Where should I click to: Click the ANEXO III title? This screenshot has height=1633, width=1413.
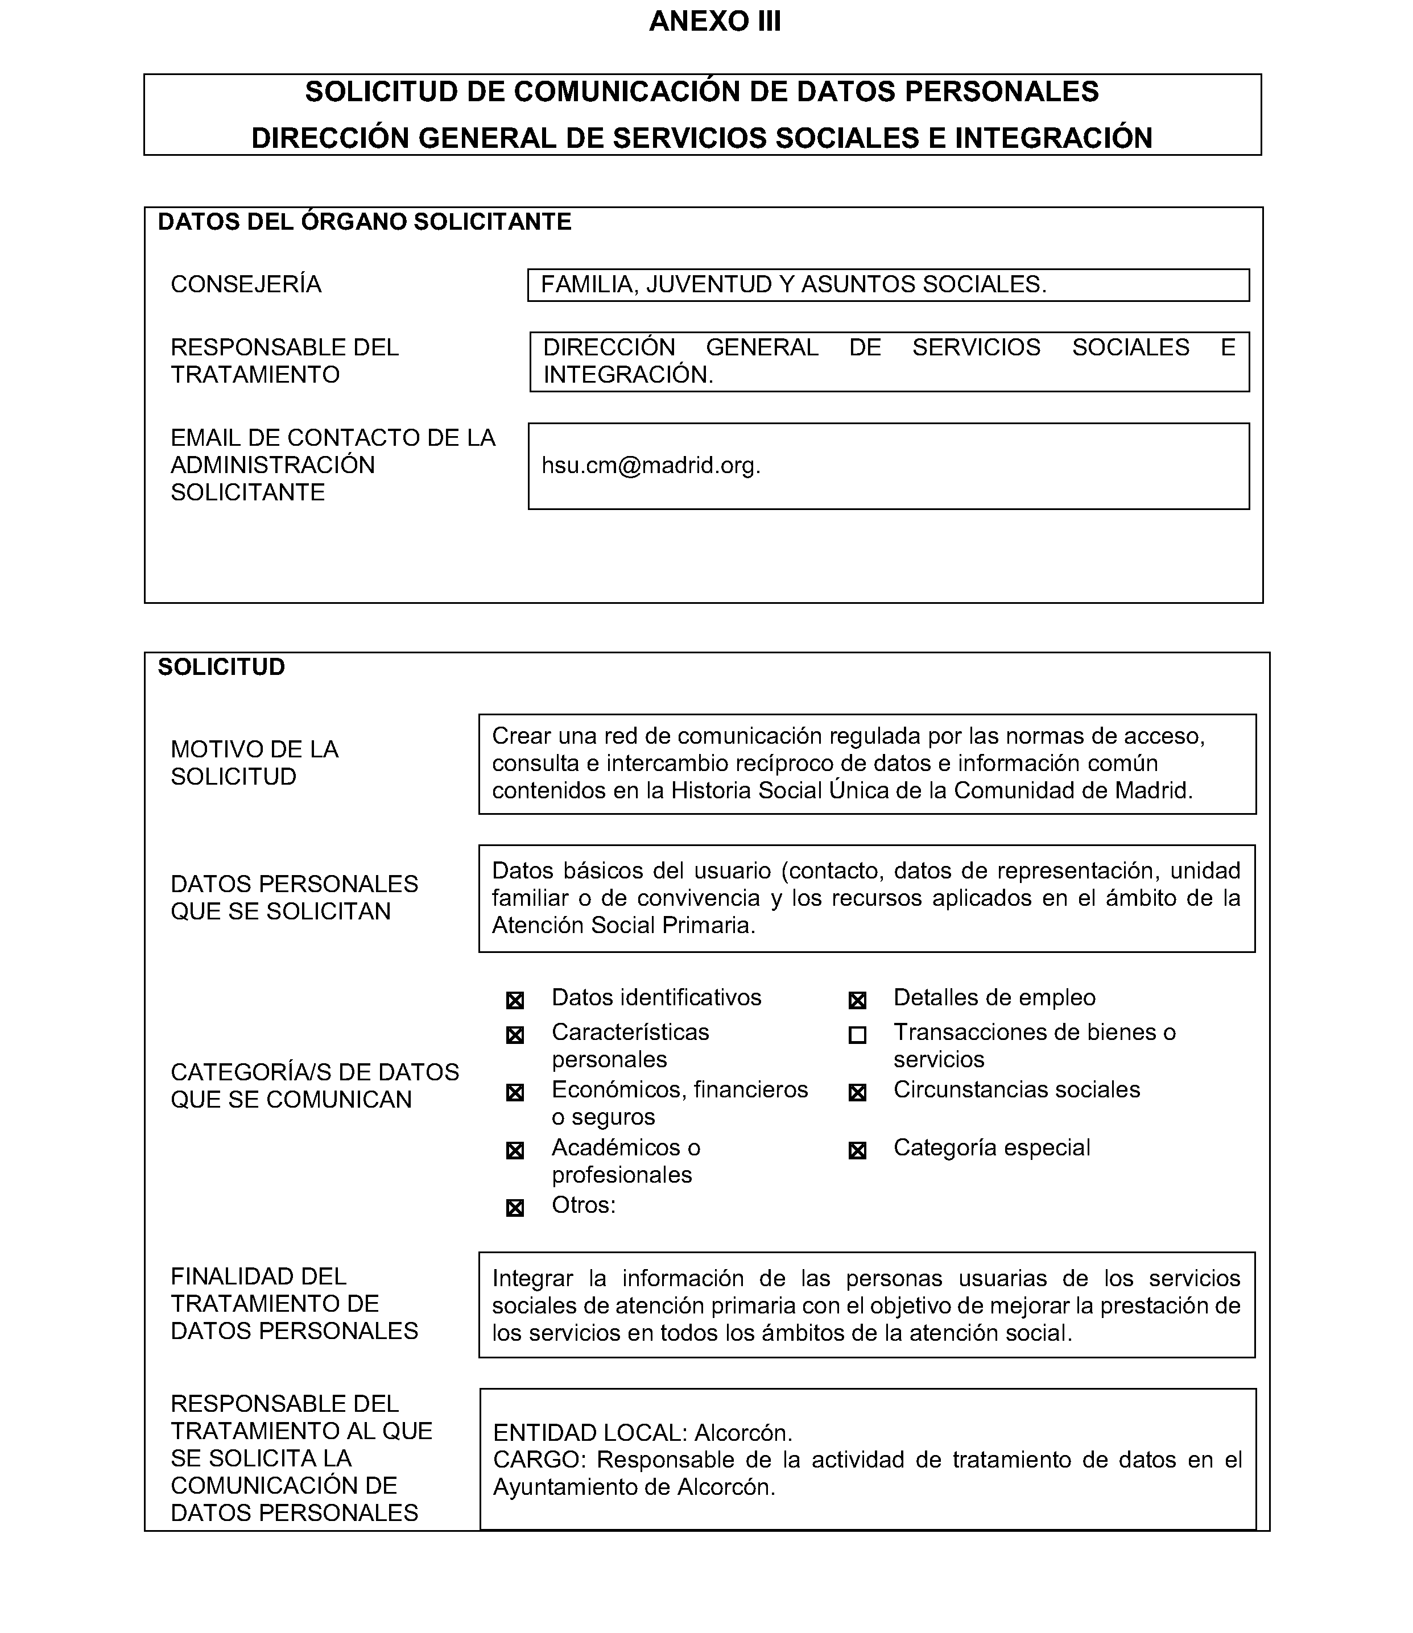click(714, 21)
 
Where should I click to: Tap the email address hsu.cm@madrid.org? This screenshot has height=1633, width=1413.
click(651, 466)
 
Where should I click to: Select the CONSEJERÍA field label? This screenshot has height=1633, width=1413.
click(246, 284)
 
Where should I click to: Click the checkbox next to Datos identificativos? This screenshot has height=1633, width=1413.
click(515, 1001)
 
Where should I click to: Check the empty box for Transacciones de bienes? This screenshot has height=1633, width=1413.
click(857, 1035)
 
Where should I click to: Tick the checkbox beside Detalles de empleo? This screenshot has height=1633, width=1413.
click(857, 1001)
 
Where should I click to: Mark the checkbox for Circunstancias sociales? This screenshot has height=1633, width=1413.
click(857, 1093)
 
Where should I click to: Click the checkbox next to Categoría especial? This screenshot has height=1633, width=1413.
click(857, 1151)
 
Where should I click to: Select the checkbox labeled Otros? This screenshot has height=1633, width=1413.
click(515, 1208)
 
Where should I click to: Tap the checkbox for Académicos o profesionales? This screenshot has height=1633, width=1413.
click(515, 1151)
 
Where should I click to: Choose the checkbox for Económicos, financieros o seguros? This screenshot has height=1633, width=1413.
click(515, 1093)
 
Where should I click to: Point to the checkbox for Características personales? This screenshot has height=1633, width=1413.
click(515, 1035)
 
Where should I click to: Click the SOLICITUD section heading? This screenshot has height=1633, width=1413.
click(222, 667)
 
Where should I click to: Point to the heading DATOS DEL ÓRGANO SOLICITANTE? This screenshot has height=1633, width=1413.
click(364, 222)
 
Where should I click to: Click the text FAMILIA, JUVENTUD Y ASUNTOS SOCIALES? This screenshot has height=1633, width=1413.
click(793, 284)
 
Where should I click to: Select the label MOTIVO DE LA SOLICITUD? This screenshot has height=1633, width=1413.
click(255, 763)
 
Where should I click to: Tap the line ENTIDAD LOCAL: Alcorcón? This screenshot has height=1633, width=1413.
click(643, 1432)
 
